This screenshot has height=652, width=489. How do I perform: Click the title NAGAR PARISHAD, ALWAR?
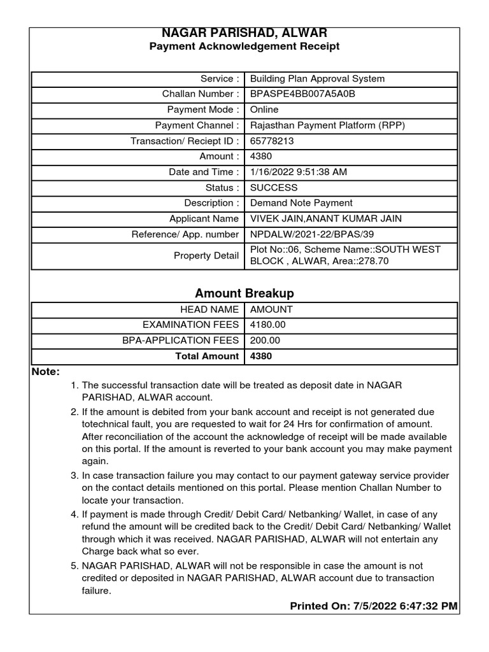244,33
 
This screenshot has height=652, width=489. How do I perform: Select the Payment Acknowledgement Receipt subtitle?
244,46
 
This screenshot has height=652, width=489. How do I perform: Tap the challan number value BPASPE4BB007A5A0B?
302,94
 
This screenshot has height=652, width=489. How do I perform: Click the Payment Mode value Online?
264,110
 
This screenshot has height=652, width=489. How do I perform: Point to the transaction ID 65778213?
272,141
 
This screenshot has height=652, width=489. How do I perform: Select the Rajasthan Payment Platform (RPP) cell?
327,125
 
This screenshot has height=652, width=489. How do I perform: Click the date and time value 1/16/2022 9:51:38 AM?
299,172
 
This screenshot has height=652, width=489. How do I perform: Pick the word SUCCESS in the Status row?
274,188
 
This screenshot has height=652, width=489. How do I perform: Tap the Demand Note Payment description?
301,203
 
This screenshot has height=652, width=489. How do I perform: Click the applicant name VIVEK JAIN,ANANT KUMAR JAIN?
326,219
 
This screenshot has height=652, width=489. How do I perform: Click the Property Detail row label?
206,255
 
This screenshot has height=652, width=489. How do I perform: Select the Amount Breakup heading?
244,294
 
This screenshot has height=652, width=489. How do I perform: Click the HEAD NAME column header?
209,309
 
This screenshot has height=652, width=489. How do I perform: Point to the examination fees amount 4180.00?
268,325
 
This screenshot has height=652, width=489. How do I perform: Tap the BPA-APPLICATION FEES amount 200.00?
266,341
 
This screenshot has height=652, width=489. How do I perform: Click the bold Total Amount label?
207,357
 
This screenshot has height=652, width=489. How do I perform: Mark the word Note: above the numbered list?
46,372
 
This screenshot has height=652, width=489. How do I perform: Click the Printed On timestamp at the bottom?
374,606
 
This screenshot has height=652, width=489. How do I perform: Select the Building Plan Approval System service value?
317,79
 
